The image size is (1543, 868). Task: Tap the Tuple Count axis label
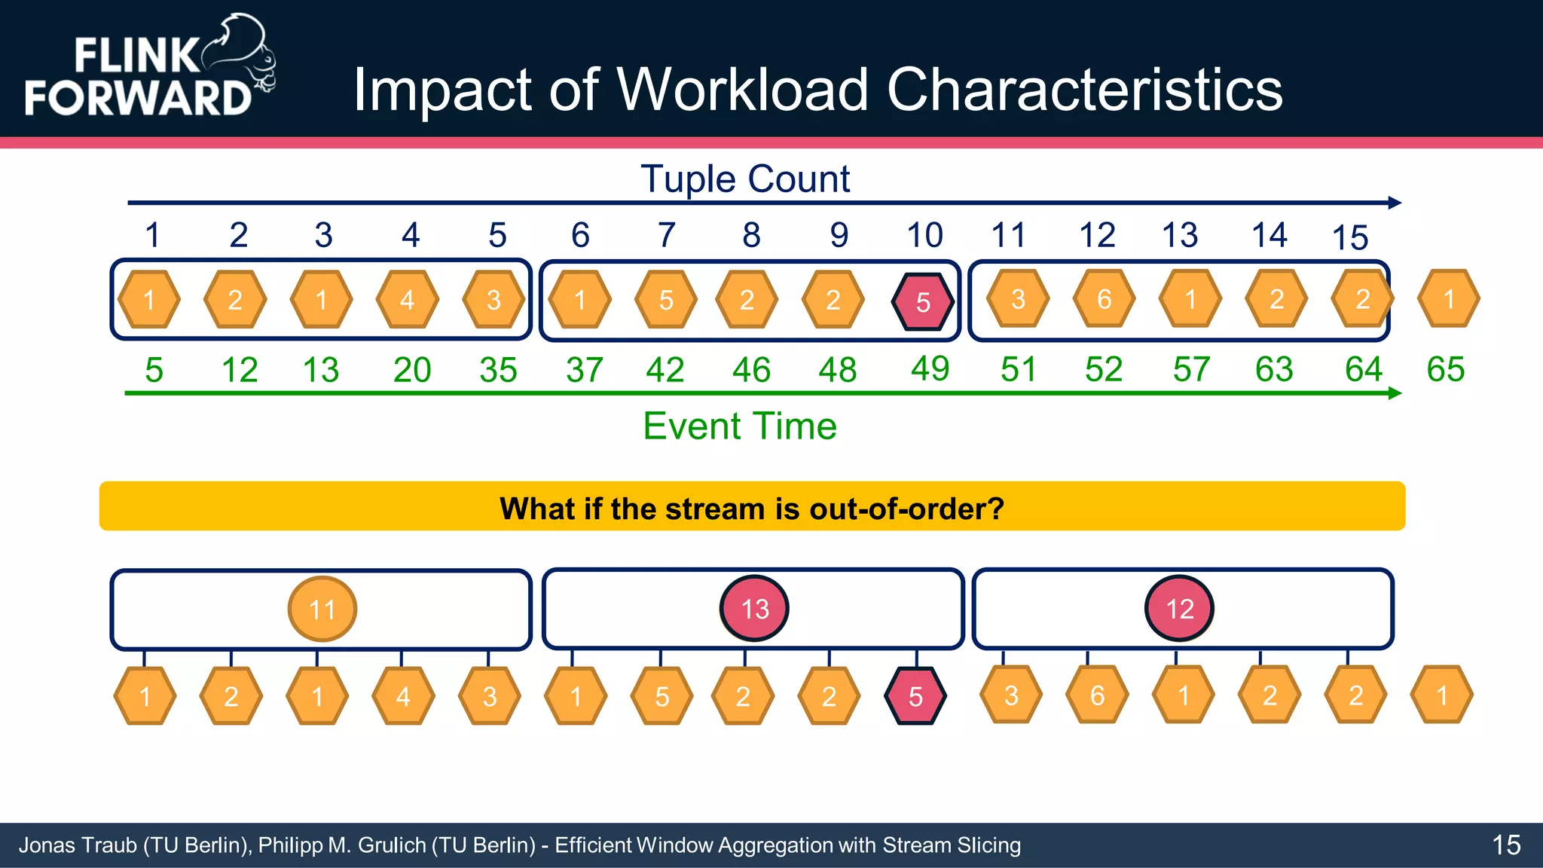coord(745,179)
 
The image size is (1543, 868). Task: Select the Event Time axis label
coord(739,426)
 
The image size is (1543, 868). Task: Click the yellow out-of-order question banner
coord(752,507)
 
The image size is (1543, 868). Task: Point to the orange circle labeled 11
coord(322,609)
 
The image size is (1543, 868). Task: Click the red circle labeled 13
coord(754,609)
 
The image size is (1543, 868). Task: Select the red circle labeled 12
coord(1179,609)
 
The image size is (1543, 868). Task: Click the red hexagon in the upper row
coord(923,301)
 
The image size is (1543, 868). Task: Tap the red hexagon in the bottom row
coord(915,696)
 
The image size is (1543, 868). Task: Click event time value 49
coord(930,368)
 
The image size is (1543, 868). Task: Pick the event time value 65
coord(1445,369)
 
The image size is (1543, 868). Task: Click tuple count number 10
coord(924,235)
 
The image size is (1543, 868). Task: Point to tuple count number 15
coord(1349,238)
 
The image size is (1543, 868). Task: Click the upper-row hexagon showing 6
coord(1104,299)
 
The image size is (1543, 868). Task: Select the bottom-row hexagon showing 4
coord(403,696)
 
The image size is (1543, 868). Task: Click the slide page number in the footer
coord(1506,845)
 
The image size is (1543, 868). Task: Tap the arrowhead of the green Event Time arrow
coord(1395,393)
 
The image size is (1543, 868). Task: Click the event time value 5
coord(154,370)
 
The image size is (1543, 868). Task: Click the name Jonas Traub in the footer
coord(77,845)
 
